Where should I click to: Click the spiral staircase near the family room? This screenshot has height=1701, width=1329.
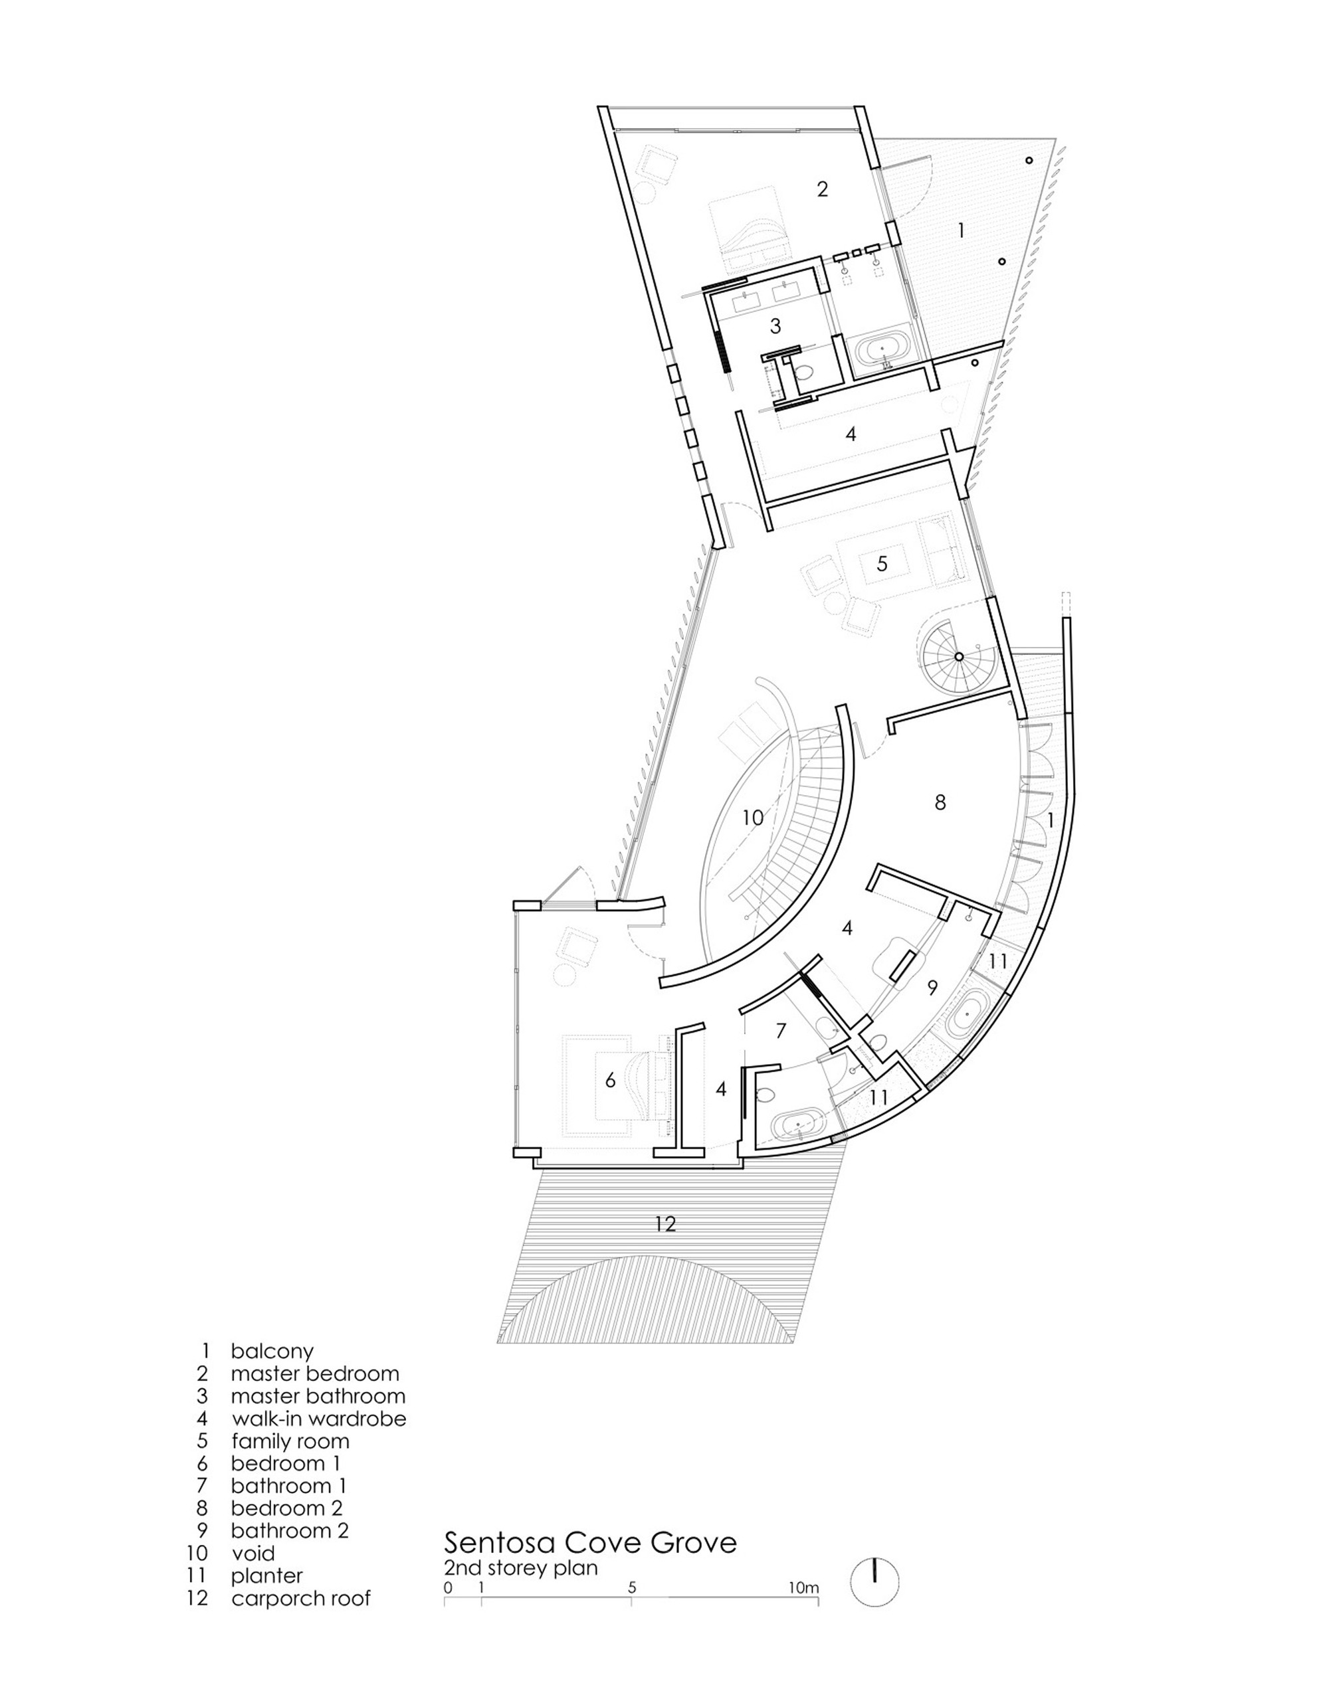(x=959, y=657)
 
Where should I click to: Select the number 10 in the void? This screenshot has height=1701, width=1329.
(x=752, y=818)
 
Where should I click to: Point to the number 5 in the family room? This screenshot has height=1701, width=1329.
(x=882, y=563)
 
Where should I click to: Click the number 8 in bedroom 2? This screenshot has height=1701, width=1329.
(x=940, y=802)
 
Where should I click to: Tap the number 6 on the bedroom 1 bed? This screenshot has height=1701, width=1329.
(x=611, y=1079)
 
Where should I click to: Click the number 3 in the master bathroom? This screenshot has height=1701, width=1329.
(x=775, y=325)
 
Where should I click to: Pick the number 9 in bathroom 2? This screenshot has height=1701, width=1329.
(x=932, y=988)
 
